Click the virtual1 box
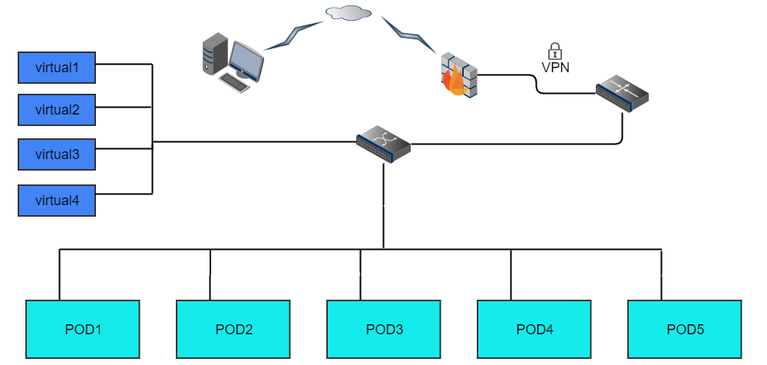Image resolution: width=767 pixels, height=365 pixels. (x=57, y=68)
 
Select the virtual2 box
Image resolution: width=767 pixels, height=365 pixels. (x=57, y=109)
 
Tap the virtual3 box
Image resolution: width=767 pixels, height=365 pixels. (x=57, y=154)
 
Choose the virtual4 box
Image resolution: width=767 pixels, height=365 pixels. (x=57, y=200)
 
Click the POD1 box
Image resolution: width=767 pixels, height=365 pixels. (x=83, y=330)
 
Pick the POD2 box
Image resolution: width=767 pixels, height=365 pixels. (x=233, y=330)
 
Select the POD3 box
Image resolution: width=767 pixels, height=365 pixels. (x=384, y=330)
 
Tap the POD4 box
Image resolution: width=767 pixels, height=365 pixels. (x=534, y=330)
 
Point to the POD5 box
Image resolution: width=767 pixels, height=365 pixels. (x=685, y=330)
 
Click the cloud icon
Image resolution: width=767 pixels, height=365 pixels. (x=348, y=12)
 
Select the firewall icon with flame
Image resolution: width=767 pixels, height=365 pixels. (x=458, y=75)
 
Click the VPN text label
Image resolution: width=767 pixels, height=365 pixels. (x=555, y=67)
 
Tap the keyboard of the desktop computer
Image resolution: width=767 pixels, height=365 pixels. (x=234, y=82)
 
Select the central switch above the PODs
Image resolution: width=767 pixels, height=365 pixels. (x=384, y=144)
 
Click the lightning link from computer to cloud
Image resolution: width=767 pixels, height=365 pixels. (x=296, y=32)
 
